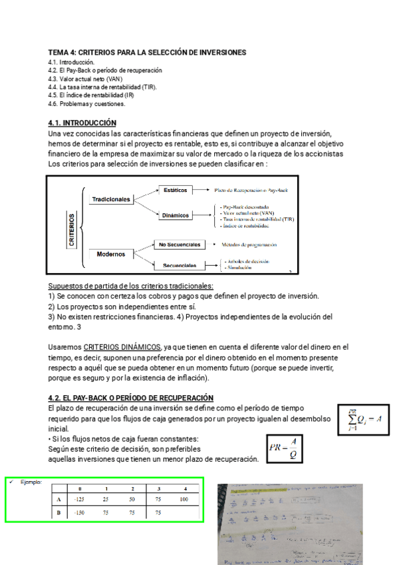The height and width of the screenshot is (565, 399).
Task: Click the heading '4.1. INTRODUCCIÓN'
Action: [82, 123]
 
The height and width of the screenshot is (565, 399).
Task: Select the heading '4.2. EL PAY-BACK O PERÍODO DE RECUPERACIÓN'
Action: [131, 398]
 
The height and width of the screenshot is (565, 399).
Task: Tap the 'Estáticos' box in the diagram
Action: [175, 190]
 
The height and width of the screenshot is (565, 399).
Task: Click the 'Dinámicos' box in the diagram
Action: [176, 215]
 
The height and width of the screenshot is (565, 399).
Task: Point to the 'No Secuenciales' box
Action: [179, 245]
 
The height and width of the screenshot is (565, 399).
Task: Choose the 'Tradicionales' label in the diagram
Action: [111, 199]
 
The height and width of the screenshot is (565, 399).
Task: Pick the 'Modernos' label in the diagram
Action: [110, 254]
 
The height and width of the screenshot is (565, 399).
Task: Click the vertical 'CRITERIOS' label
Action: [72, 229]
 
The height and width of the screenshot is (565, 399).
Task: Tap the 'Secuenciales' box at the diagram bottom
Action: [179, 265]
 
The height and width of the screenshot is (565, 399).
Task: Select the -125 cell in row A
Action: [80, 499]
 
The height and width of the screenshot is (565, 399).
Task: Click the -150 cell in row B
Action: [80, 513]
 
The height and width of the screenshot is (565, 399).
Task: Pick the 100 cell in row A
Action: [184, 499]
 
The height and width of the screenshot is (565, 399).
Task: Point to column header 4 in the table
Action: [184, 488]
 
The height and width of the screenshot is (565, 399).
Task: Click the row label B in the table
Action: [59, 513]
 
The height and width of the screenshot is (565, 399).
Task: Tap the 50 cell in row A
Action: [132, 499]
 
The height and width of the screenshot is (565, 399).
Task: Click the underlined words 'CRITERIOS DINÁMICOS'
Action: [122, 347]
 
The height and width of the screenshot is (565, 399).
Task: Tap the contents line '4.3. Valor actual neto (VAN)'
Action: [85, 79]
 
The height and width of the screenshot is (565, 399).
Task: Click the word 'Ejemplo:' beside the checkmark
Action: [31, 481]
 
